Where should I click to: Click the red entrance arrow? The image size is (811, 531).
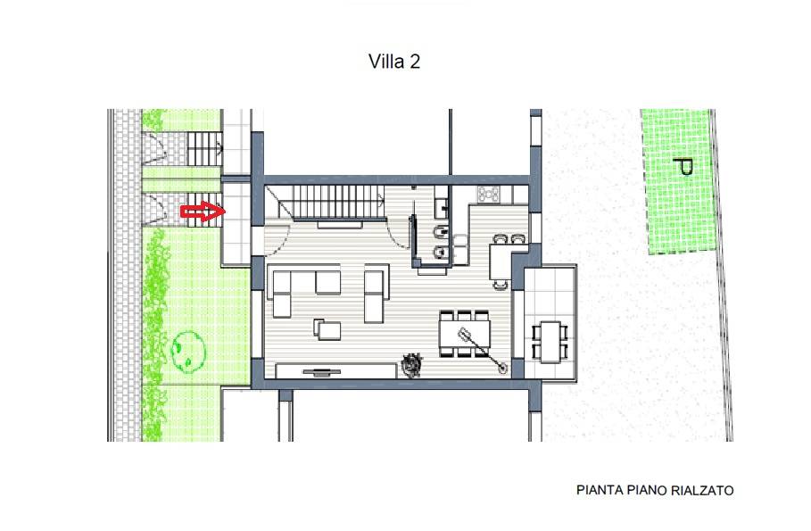(x=203, y=212)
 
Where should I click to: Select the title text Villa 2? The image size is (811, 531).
(x=394, y=62)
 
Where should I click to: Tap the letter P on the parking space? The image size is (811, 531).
(x=683, y=167)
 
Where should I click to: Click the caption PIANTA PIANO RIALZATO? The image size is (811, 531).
(x=655, y=490)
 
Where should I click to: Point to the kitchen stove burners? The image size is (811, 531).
(x=489, y=194)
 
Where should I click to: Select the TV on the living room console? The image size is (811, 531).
(x=322, y=371)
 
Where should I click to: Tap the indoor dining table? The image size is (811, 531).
(x=465, y=334)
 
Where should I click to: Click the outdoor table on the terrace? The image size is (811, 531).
(x=550, y=342)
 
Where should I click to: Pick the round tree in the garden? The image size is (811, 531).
(x=188, y=352)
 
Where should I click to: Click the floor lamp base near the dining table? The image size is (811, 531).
(x=501, y=369)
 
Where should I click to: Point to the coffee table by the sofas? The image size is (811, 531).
(x=328, y=329)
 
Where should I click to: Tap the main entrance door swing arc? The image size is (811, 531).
(x=279, y=239)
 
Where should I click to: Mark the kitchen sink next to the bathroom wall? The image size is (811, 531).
(x=460, y=245)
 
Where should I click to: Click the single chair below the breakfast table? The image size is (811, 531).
(x=501, y=284)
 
